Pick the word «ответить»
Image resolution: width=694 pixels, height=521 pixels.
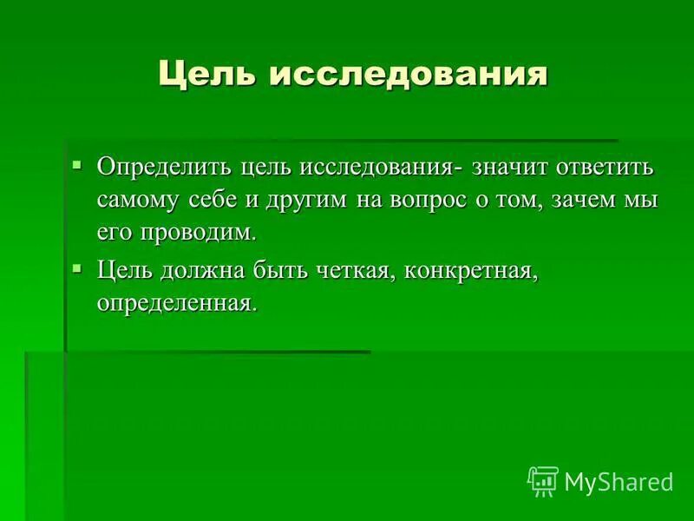point(606,166)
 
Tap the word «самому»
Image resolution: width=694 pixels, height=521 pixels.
point(139,199)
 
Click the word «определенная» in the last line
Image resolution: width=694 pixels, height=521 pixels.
point(178,304)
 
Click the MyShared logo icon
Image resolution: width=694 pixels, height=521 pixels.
point(543,480)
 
